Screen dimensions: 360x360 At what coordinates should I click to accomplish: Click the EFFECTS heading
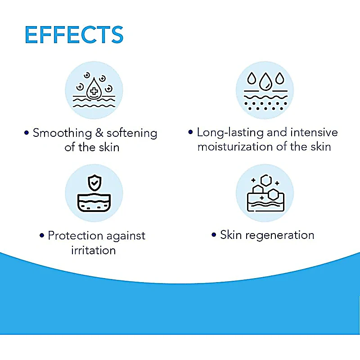click(x=74, y=35)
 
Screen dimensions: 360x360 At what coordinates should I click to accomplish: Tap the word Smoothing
click(x=62, y=133)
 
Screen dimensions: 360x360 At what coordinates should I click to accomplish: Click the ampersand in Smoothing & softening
click(x=99, y=133)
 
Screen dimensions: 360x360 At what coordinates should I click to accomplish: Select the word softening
click(x=132, y=133)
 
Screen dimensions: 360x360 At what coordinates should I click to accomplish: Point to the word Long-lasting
click(x=230, y=133)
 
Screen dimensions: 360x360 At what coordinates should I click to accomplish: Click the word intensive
click(x=314, y=132)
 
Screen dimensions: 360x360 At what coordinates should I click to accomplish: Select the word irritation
click(x=93, y=250)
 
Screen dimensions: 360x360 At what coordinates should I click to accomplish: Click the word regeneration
click(x=279, y=235)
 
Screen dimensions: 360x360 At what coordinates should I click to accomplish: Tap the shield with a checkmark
click(x=94, y=183)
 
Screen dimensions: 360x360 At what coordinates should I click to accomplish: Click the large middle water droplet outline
click(x=265, y=81)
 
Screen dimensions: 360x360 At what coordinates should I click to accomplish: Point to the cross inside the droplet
click(x=94, y=91)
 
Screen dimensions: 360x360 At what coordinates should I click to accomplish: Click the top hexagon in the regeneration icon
click(x=266, y=180)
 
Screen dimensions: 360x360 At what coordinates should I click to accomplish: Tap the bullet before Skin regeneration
click(x=214, y=234)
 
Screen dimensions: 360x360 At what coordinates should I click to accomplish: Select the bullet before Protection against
click(x=42, y=235)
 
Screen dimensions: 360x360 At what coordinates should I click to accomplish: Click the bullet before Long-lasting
click(x=190, y=132)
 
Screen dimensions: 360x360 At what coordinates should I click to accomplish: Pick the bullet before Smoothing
click(x=27, y=133)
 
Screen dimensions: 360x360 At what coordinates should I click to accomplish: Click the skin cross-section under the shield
click(x=94, y=202)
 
